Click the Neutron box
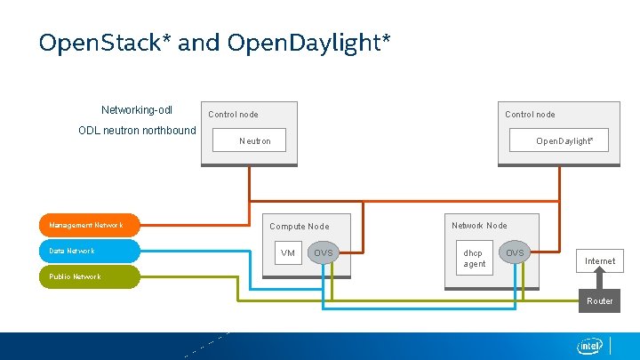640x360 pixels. pyautogui.click(x=255, y=140)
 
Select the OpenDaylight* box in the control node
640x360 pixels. pyautogui.click(x=558, y=140)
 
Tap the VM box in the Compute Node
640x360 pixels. pyautogui.click(x=288, y=253)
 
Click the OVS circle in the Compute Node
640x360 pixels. pyautogui.click(x=324, y=253)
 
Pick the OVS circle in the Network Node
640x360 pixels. pyautogui.click(x=516, y=253)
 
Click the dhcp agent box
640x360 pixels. pyautogui.click(x=475, y=258)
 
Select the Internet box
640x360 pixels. pyautogui.click(x=599, y=260)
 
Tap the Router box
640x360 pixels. pyautogui.click(x=599, y=300)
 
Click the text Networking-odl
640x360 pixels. pyautogui.click(x=137, y=110)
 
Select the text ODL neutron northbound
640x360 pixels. pyautogui.click(x=137, y=131)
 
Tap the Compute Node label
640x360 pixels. pyautogui.click(x=299, y=227)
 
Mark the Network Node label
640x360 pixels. pyautogui.click(x=479, y=226)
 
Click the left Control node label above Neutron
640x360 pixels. pyautogui.click(x=233, y=115)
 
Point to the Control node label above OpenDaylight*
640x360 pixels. pyautogui.click(x=530, y=115)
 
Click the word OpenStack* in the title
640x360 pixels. pyautogui.click(x=105, y=43)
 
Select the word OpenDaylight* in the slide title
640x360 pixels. pyautogui.click(x=308, y=43)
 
